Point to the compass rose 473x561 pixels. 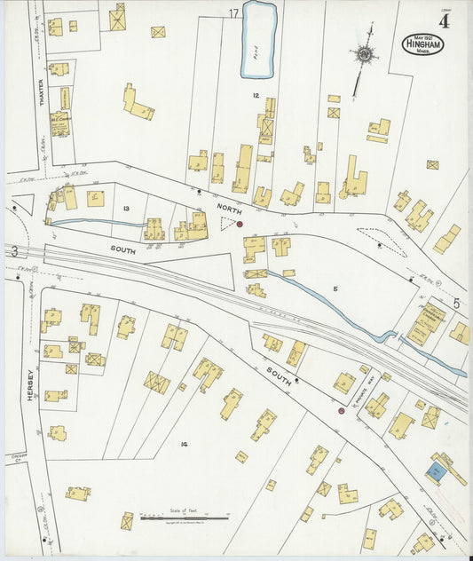pos(364,53)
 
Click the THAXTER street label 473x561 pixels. pos(42,92)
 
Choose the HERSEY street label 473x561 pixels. pos(29,385)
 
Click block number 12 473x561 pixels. pos(255,94)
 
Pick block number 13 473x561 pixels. pos(127,209)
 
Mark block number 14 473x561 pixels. pos(184,443)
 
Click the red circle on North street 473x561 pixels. pos(240,225)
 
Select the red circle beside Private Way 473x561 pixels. pos(341,411)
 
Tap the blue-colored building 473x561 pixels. pos(435,471)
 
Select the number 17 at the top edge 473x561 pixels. pos(233,13)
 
